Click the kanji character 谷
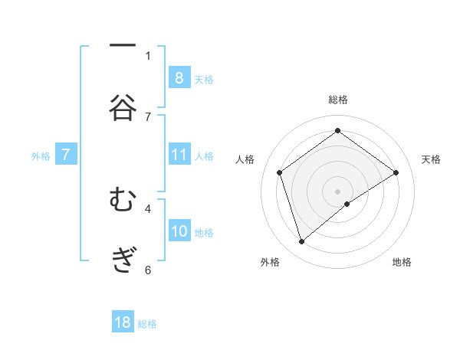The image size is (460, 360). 123,108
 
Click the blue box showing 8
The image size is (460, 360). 179,77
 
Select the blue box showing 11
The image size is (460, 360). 179,155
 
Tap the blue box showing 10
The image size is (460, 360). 179,231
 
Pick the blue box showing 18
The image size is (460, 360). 123,322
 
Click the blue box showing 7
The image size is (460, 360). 66,155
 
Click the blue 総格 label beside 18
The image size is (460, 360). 147,324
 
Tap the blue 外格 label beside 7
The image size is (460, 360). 41,156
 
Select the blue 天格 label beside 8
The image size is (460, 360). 204,79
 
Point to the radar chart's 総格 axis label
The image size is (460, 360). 338,100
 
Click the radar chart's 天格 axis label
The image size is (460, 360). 432,159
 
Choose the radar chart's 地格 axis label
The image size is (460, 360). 402,263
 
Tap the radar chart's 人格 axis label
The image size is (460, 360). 245,159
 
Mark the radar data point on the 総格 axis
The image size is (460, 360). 338,130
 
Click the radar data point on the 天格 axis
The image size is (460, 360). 396,172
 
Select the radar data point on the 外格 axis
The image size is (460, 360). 301,242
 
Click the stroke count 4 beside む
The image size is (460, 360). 148,208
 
